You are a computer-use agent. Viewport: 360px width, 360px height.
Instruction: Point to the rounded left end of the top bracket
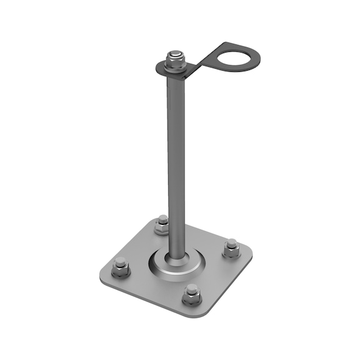coord(159,67)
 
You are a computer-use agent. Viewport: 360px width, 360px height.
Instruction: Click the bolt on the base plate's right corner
coord(231,248)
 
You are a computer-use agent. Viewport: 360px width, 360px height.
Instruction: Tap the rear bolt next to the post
coord(162,224)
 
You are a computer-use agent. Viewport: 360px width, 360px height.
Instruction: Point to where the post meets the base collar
coord(176,255)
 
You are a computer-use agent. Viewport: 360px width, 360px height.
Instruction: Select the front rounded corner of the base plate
coord(199,312)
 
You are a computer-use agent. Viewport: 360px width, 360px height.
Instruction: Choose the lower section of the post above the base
coord(175,231)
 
